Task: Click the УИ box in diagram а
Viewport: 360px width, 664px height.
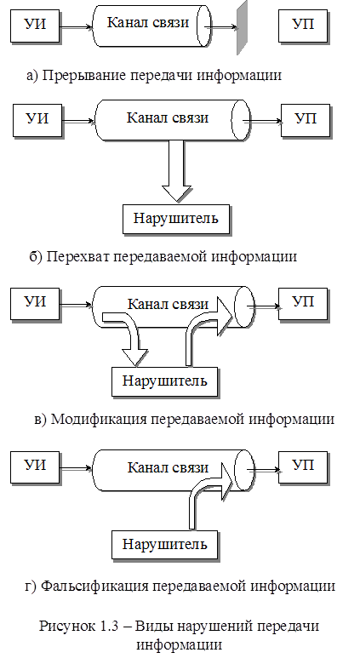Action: (35, 26)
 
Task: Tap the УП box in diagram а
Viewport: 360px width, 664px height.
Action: (304, 26)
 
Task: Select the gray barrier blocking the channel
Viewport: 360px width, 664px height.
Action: (242, 28)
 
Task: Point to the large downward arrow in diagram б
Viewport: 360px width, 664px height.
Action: (177, 170)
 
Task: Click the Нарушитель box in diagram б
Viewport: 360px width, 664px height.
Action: (176, 220)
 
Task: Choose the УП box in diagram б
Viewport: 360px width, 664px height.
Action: (306, 120)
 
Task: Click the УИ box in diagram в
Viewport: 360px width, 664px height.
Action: (35, 304)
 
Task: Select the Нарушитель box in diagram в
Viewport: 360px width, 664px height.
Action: (165, 382)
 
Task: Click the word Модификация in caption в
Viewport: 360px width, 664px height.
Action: (99, 419)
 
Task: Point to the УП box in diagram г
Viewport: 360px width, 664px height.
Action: (303, 467)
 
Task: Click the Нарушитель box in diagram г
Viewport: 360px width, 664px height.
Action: (165, 545)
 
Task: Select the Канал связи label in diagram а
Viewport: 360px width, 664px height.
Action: (148, 22)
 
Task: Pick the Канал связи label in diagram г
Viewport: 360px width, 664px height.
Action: (169, 468)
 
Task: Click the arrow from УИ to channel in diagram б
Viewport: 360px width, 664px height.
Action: (79, 122)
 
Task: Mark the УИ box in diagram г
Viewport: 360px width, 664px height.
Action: (35, 467)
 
